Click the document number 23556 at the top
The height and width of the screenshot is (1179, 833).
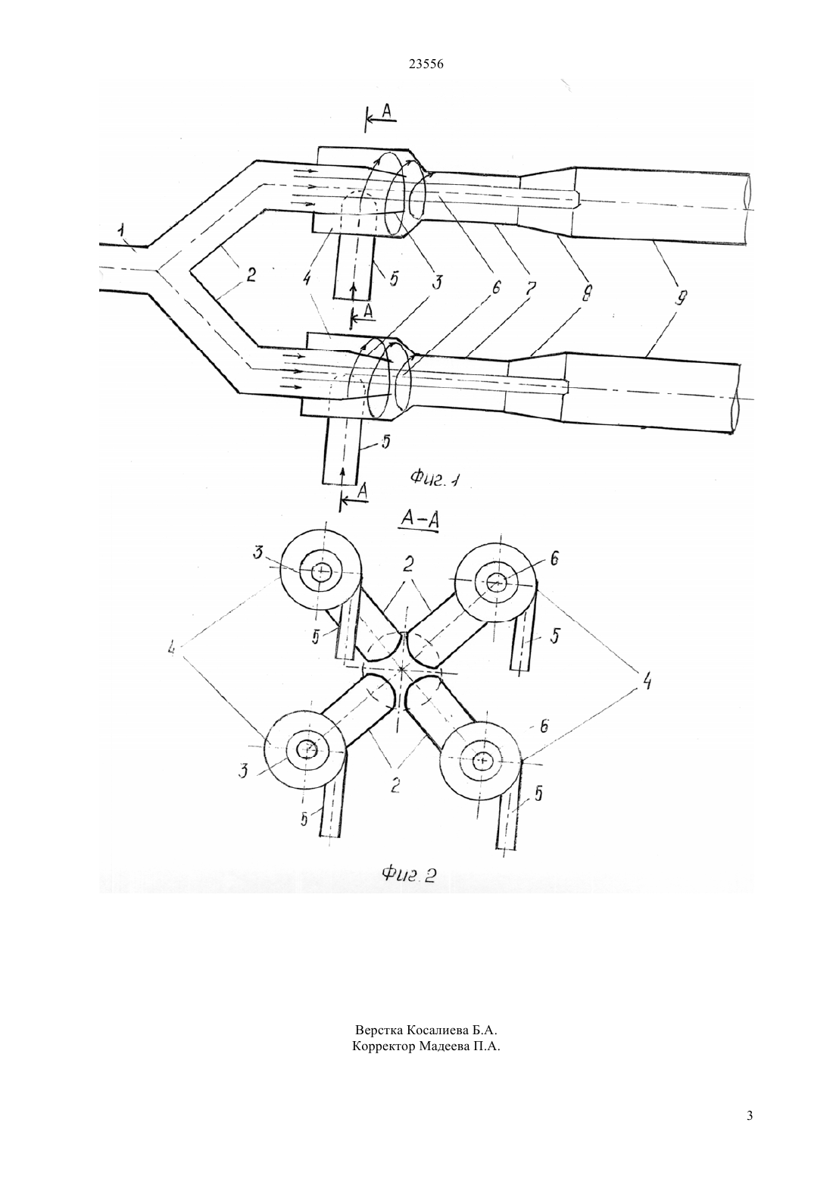point(426,64)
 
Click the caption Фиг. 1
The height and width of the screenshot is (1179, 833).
point(435,478)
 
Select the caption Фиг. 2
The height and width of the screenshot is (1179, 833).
point(409,874)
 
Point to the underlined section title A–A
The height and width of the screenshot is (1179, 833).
point(420,520)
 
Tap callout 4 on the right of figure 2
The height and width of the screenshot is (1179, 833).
point(645,681)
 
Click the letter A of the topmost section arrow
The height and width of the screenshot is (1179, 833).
point(386,110)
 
